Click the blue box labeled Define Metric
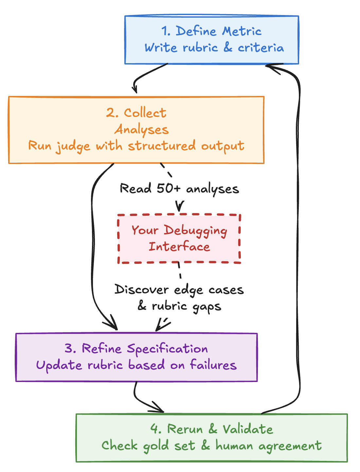(x=212, y=40)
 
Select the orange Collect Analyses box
(x=136, y=130)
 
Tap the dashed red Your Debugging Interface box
(x=179, y=239)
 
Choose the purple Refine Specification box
(x=136, y=357)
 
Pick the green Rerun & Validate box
(x=211, y=438)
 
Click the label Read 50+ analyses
(x=179, y=189)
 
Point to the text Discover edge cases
(x=179, y=290)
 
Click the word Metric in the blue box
(x=242, y=31)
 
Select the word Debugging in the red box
(x=195, y=231)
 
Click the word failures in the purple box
(x=213, y=365)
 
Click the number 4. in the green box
(x=156, y=429)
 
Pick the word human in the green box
(x=234, y=446)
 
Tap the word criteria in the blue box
(x=261, y=48)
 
